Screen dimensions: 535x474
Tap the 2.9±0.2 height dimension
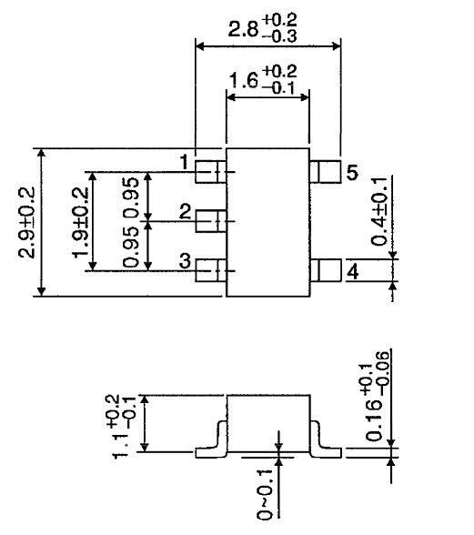[26, 223]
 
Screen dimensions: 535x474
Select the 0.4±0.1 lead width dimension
[379, 212]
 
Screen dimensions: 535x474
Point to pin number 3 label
[184, 262]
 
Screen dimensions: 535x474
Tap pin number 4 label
[353, 271]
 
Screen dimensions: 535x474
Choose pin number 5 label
[353, 172]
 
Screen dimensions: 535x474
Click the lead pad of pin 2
[211, 220]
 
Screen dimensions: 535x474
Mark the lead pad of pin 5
[325, 170]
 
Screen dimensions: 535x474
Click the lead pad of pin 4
[325, 270]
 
